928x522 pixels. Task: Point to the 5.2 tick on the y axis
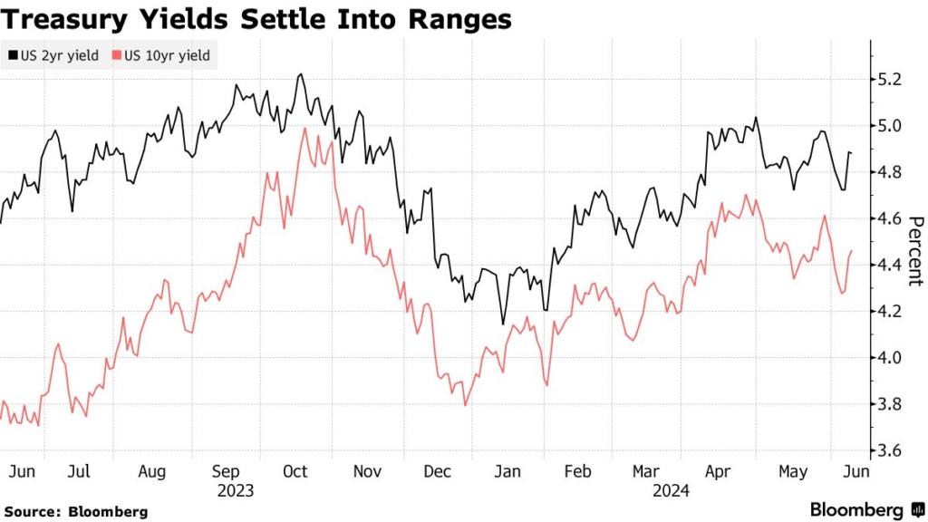point(890,80)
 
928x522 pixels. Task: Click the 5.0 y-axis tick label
point(890,126)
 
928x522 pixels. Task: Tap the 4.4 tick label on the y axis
point(890,265)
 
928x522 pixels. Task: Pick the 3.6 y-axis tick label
point(890,450)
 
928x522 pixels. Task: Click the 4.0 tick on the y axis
point(890,358)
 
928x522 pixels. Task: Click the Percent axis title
point(914,251)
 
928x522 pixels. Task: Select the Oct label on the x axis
point(295,472)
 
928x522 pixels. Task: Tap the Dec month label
point(438,472)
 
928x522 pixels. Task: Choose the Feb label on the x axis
point(577,472)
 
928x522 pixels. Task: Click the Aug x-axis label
point(152,472)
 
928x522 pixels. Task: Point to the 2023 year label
point(236,491)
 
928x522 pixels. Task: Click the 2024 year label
point(672,491)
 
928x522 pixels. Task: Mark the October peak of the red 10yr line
point(304,129)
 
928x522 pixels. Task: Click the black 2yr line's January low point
point(502,324)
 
